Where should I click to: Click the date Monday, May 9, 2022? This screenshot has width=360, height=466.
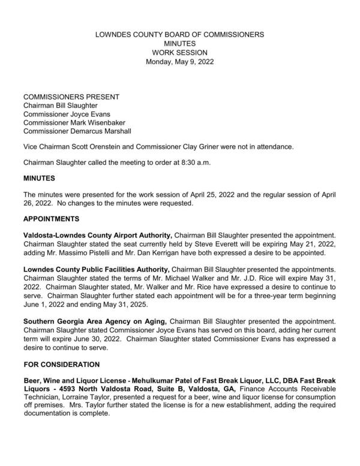[180, 62]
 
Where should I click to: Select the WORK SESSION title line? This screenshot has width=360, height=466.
[180, 53]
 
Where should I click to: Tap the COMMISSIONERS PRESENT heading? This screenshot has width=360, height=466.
[71, 97]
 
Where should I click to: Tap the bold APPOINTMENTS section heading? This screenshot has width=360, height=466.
[52, 219]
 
